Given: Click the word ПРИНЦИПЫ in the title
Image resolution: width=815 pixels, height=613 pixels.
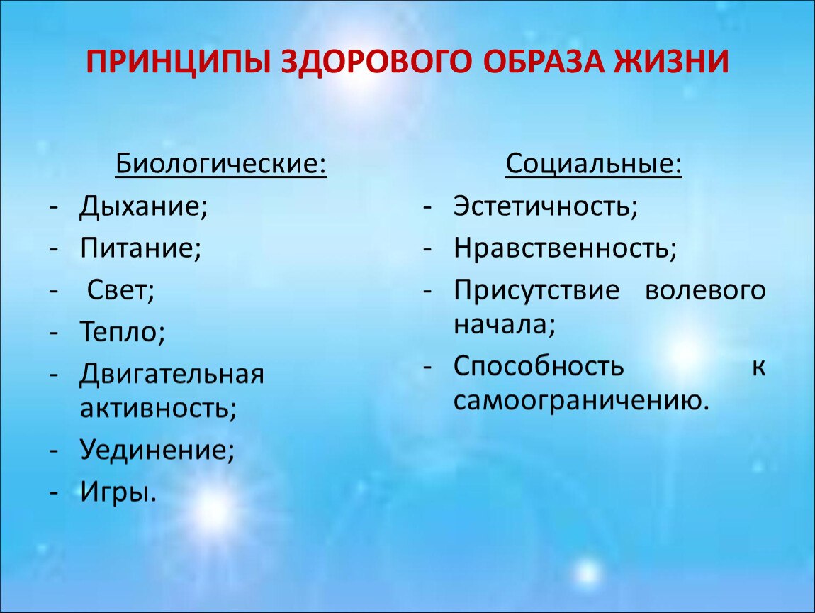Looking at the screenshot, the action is point(178,62).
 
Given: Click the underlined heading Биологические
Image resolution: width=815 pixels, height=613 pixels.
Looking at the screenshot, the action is point(221,165).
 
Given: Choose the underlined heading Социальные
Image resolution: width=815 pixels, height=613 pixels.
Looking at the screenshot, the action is point(594,165).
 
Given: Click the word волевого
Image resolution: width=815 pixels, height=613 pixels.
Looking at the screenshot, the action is point(705,290).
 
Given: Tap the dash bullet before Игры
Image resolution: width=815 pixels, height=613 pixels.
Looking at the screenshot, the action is point(54,492).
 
